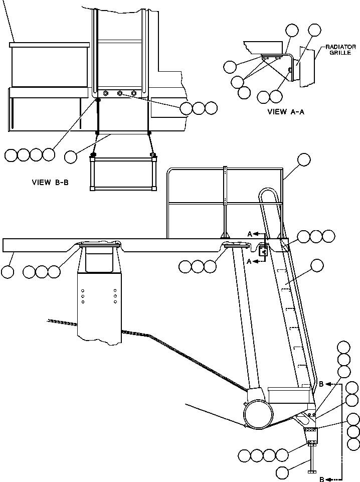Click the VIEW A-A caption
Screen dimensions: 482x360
pos(286,112)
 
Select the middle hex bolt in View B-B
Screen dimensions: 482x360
pos(119,93)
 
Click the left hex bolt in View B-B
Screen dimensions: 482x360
pos(106,93)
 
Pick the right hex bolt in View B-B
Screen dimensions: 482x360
pos(133,93)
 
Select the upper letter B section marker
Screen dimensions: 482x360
pos(321,384)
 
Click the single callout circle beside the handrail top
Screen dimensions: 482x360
pos(304,159)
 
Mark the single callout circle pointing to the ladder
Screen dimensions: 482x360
pos(317,266)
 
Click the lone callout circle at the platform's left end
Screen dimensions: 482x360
pos(8,272)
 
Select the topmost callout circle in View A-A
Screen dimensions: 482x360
pos(314,30)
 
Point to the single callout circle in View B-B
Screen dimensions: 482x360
pos(71,156)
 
